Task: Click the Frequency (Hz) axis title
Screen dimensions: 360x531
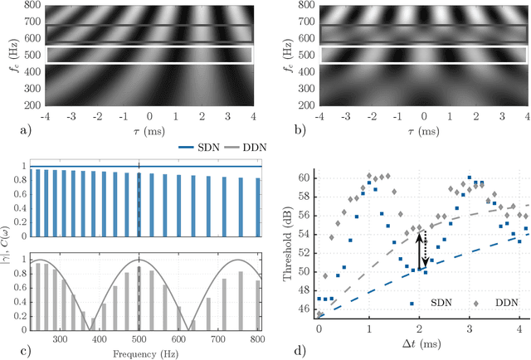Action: pyautogui.click(x=139, y=353)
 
